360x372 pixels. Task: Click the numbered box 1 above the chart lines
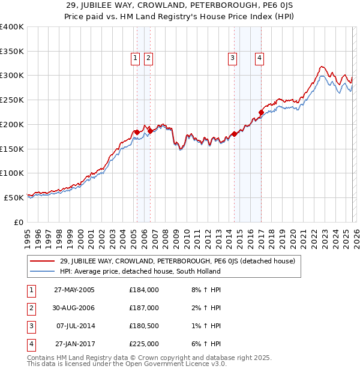pos(135,58)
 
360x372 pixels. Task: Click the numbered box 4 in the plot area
pos(259,58)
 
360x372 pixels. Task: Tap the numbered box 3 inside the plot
pos(232,58)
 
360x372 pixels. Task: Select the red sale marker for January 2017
pos(261,112)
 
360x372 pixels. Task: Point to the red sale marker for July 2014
pos(234,134)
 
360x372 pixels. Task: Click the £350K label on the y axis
pos(12,52)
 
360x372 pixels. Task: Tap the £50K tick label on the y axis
pos(14,197)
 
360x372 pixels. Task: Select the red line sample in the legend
pos(42,262)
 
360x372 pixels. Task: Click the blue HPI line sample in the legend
pos(42,271)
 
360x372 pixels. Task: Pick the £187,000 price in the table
pos(144,308)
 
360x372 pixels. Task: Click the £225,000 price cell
pos(144,344)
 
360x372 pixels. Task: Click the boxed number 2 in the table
pos(30,308)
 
